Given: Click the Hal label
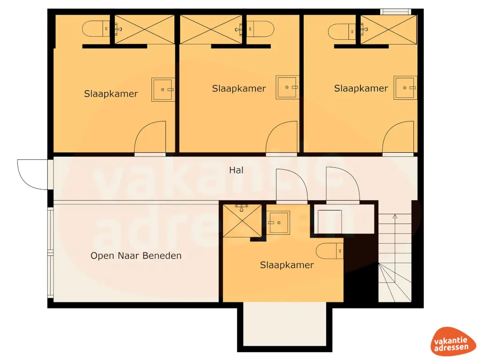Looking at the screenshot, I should point(236,171).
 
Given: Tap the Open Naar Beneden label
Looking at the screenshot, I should point(136,256).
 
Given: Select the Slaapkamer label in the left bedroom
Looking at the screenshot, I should point(111,94).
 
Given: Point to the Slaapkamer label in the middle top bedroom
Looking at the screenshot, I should point(239,89).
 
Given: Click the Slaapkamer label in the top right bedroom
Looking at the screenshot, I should point(361,89).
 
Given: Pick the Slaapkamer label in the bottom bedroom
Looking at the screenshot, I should point(287,265).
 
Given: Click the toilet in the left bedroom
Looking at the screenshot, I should point(96,30).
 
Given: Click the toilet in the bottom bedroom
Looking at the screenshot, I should point(330,251).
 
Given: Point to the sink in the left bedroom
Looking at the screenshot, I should point(163,90).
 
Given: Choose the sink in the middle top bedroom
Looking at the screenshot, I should point(286,87).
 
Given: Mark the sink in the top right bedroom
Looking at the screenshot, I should point(405,88).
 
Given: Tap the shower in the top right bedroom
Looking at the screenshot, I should point(389,30).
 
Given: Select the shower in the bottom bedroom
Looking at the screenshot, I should point(242,220).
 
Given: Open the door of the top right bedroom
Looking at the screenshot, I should point(398,138).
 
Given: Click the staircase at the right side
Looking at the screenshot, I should point(395,258).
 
